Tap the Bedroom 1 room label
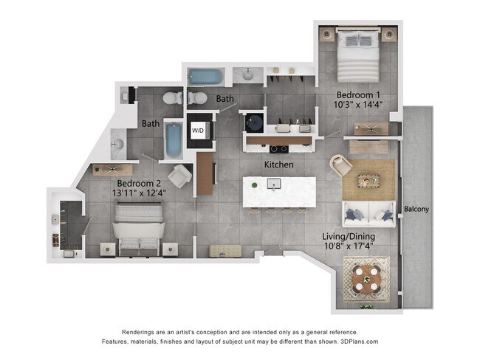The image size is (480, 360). [x=359, y=95]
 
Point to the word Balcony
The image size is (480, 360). [x=417, y=210]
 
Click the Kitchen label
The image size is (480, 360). [x=279, y=164]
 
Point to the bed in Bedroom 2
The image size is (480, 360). [x=140, y=227]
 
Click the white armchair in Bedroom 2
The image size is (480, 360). [x=179, y=175]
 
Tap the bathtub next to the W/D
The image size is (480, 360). [x=173, y=140]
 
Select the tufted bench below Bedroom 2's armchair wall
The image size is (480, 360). [x=224, y=251]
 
